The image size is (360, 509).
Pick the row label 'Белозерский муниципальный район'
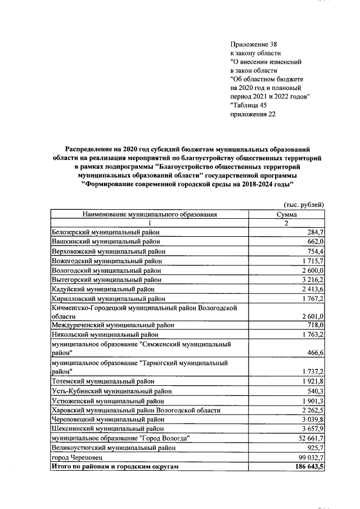(105, 232)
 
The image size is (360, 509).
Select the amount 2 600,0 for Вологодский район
(310, 270)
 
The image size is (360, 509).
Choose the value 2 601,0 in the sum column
(310, 317)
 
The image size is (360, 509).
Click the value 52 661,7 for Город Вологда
(309, 438)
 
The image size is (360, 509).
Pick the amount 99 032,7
(309, 457)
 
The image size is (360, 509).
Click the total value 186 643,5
(307, 467)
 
